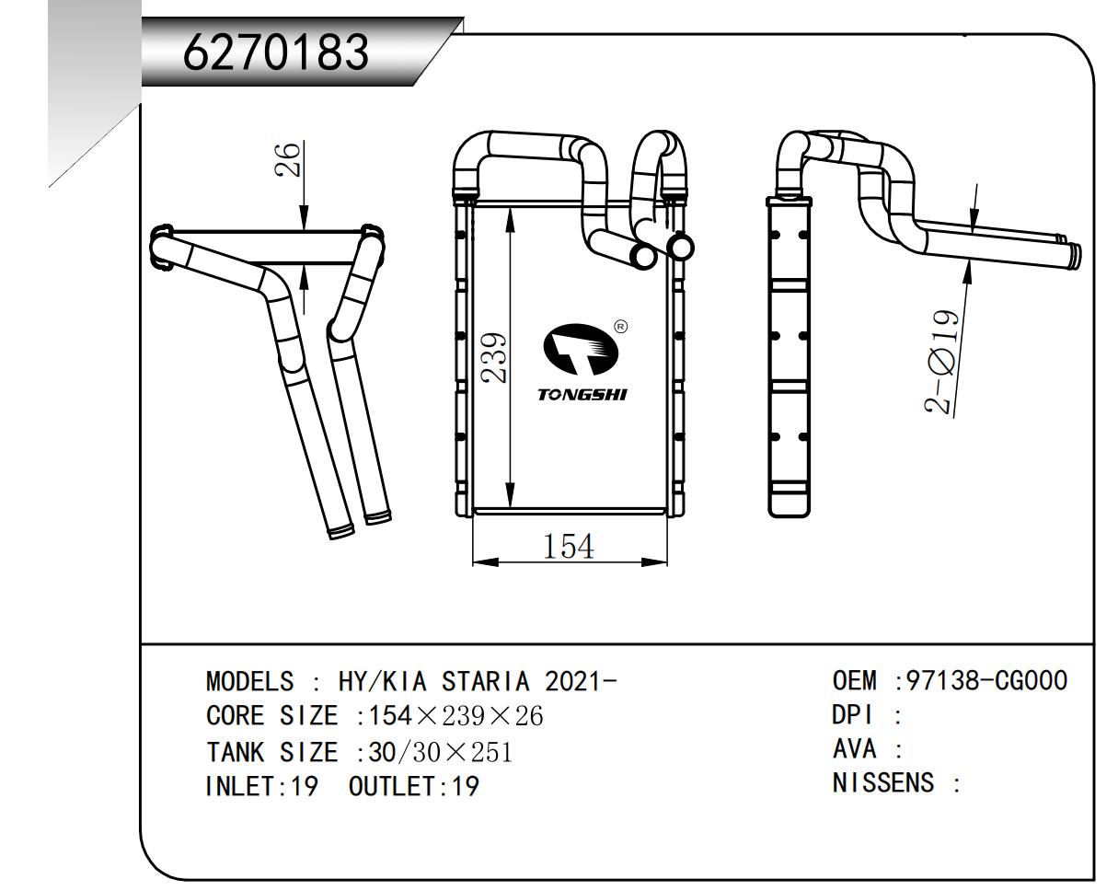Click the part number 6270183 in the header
tap(276, 53)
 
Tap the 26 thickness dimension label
tap(290, 159)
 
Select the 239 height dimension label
tap(496, 358)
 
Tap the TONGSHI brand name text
tap(582, 395)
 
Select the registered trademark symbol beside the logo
tap(620, 326)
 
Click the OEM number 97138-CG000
tap(987, 681)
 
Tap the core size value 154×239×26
tap(455, 716)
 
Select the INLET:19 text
tap(260, 787)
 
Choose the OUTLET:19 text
tap(414, 787)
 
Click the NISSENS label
tap(883, 783)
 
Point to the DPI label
tap(852, 715)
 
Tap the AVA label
tap(853, 749)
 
